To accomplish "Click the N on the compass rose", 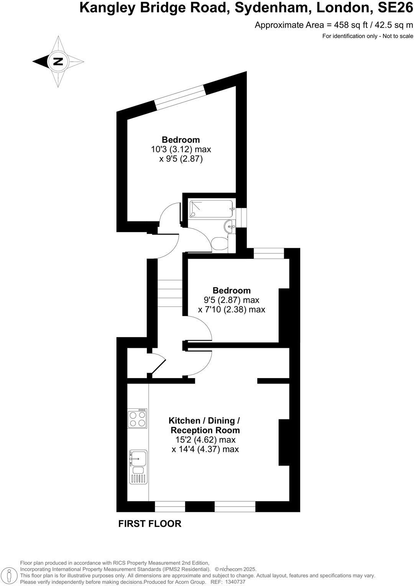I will [58, 61].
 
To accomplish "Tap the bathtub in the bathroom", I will [211, 209].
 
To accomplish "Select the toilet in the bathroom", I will [219, 244].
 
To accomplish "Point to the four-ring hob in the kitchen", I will [138, 418].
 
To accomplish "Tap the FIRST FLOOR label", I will [149, 523].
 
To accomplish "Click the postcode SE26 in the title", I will [395, 8].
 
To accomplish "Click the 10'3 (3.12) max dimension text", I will [181, 149].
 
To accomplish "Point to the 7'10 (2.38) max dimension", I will [232, 309].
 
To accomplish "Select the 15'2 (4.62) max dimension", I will [205, 440].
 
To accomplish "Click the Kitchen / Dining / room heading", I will [204, 421].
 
